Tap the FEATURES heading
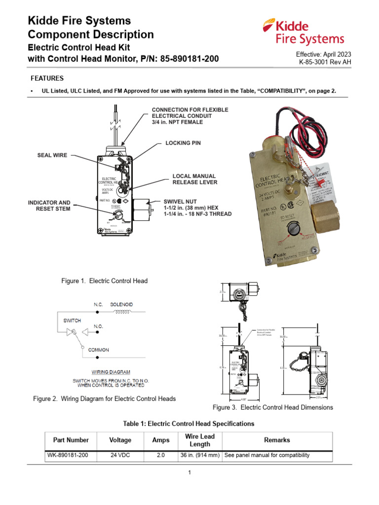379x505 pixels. tap(47, 78)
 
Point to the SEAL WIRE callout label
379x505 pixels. tap(52, 155)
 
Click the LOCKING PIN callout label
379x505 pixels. tap(183, 143)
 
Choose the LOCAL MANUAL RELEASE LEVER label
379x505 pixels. tap(194, 179)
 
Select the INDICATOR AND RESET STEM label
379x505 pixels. tap(49, 206)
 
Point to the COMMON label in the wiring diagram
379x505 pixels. tap(99, 350)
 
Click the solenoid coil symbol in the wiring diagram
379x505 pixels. tap(122, 312)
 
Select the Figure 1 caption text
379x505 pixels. tap(104, 281)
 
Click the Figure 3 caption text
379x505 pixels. tap(272, 407)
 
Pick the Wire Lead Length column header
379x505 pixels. tap(200, 440)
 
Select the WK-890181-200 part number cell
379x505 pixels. tap(68, 455)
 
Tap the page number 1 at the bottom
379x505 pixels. tap(189, 472)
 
